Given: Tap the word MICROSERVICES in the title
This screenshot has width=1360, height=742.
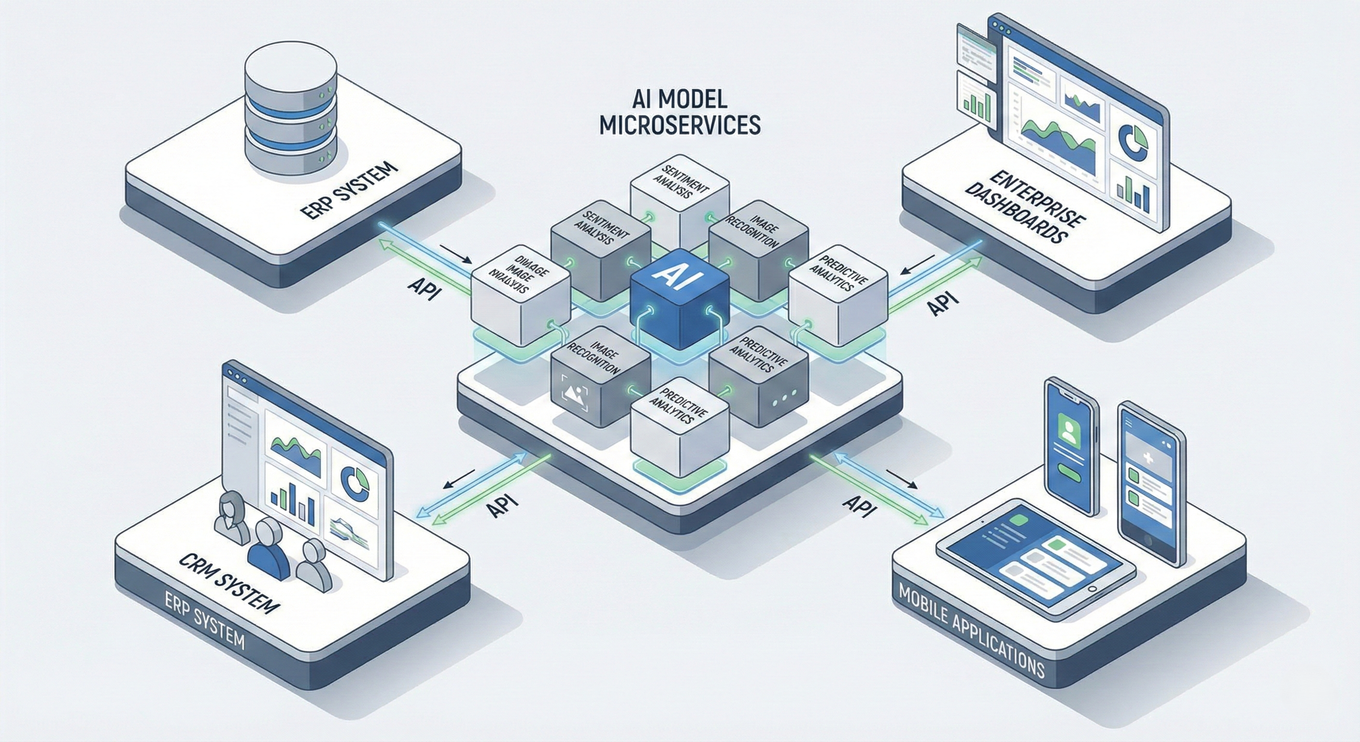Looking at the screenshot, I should pos(680,125).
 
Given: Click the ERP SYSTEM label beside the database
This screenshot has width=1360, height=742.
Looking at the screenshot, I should pos(348,191).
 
